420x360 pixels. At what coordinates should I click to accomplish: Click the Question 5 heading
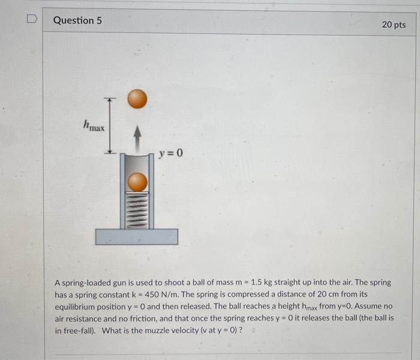coord(77,20)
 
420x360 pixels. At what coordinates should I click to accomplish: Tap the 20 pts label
coord(394,25)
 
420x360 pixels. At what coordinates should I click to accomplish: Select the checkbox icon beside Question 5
coord(31,20)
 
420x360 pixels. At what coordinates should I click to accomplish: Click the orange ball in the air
coord(137,99)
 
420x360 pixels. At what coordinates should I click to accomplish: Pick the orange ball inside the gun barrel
coord(137,182)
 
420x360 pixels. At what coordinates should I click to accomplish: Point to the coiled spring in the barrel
coord(137,209)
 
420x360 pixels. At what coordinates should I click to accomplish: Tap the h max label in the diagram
coord(94,126)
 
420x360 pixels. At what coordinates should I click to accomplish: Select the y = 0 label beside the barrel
coord(171,154)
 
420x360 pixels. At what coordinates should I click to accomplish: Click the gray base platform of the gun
coord(137,236)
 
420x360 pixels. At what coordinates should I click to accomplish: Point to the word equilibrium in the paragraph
coord(77,306)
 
